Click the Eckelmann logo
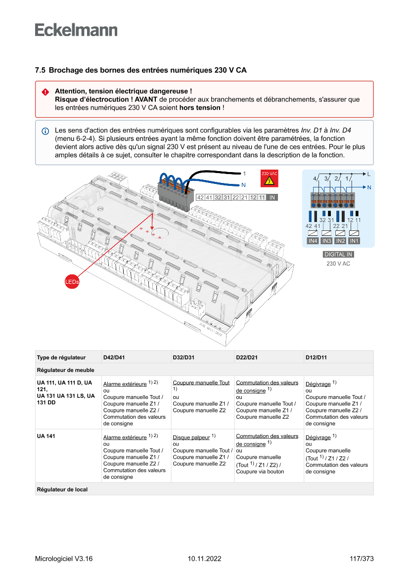(76, 30)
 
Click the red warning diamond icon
(45, 92)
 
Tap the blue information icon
(45, 131)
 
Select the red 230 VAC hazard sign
(270, 178)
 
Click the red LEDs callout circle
(72, 281)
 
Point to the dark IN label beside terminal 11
(272, 197)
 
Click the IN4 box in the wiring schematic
(313, 241)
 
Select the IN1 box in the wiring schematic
(354, 241)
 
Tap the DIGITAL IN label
(338, 255)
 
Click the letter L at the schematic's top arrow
(368, 174)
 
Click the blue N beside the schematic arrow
(369, 187)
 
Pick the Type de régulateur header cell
(61, 357)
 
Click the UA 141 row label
(45, 437)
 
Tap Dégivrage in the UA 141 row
(318, 438)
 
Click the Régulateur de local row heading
(62, 489)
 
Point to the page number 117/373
(361, 559)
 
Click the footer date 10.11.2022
(204, 559)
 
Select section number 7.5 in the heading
(40, 70)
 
